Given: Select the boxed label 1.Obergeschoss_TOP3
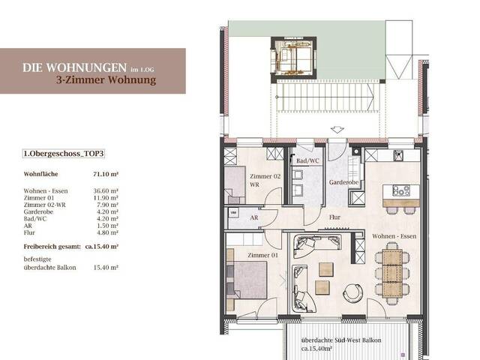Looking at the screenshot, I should coord(64,154).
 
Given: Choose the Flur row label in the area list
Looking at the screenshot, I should coord(31,232).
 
